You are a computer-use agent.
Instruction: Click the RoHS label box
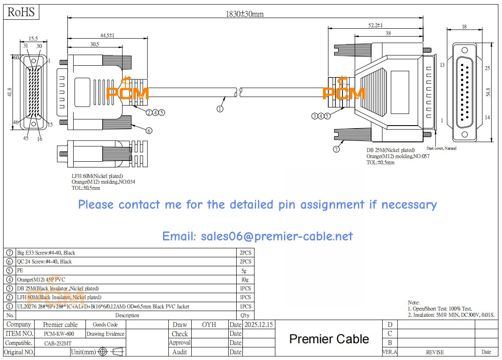tap(21, 12)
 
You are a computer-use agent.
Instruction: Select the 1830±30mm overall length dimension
tap(245, 14)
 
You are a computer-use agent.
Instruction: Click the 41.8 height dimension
tap(10, 93)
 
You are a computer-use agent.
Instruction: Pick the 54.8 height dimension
tap(487, 93)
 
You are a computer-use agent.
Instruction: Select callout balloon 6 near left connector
tap(149, 130)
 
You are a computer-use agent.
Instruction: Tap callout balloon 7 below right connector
tap(336, 149)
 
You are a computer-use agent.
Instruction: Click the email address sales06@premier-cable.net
tap(257, 236)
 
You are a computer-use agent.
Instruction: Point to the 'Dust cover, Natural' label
tap(441, 148)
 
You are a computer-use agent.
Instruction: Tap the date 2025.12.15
tap(258, 325)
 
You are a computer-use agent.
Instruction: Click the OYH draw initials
tap(209, 325)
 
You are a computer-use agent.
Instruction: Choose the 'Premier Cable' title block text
tap(329, 339)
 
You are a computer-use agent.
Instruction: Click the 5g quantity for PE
tap(244, 271)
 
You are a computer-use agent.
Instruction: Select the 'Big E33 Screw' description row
tap(46, 253)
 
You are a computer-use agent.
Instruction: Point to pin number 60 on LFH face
tap(16, 58)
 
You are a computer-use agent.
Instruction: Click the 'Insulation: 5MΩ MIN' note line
tap(451, 315)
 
